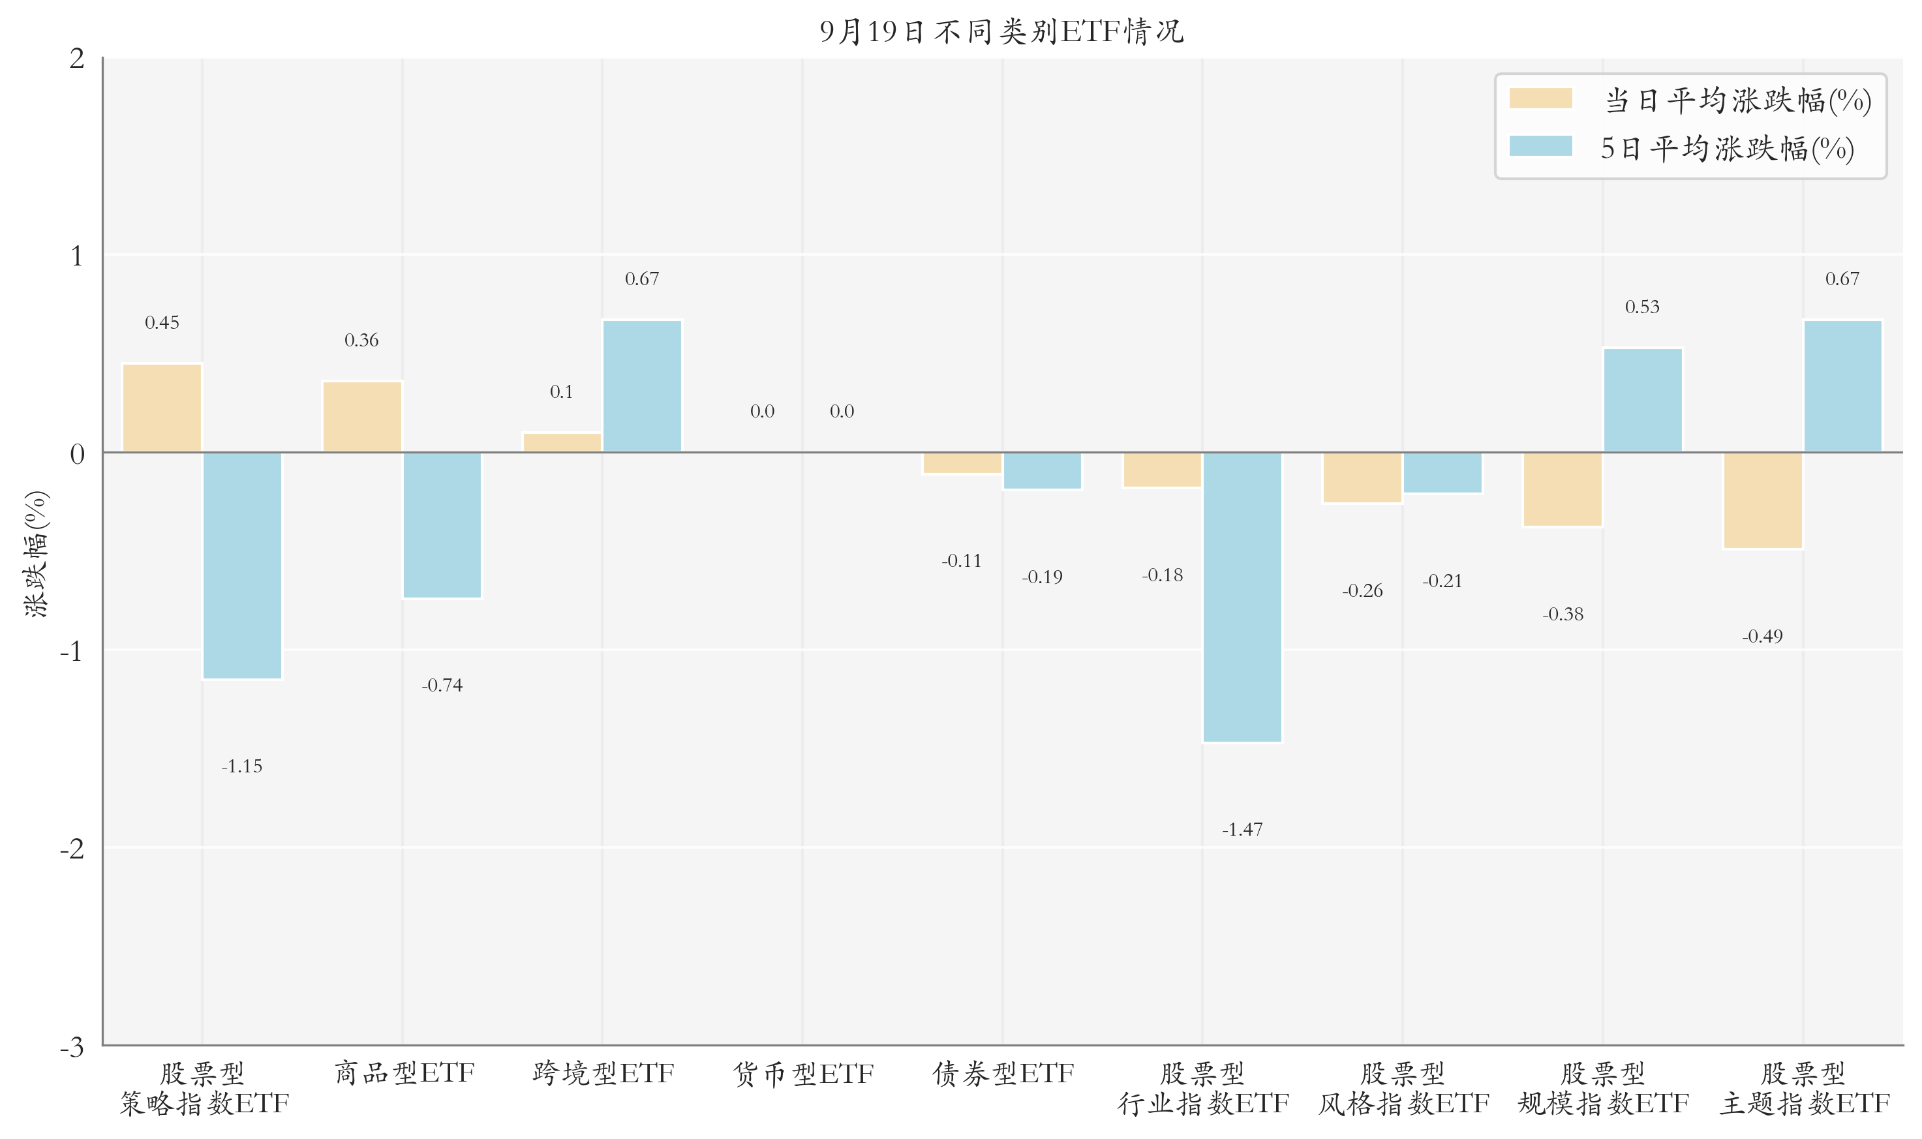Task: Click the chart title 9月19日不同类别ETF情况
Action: click(1001, 31)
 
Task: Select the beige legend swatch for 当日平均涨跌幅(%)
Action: click(1540, 99)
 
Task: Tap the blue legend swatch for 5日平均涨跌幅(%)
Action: click(1540, 146)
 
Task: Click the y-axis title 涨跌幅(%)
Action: click(36, 553)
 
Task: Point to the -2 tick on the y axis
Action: click(72, 848)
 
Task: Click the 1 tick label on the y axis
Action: click(77, 256)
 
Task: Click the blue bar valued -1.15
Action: click(242, 565)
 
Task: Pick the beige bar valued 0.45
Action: click(162, 408)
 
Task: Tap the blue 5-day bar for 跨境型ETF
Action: click(642, 386)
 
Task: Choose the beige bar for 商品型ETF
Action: click(361, 416)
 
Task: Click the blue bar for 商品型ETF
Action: click(442, 524)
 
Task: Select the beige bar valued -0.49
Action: click(1762, 500)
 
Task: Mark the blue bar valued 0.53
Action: click(1643, 399)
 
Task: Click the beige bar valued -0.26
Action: click(1362, 477)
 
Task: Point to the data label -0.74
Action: click(442, 684)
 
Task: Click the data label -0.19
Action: click(1042, 577)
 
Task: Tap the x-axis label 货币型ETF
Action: click(803, 1073)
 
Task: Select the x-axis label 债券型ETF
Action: click(1003, 1073)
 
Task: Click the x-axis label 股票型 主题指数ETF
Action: click(1803, 1088)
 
